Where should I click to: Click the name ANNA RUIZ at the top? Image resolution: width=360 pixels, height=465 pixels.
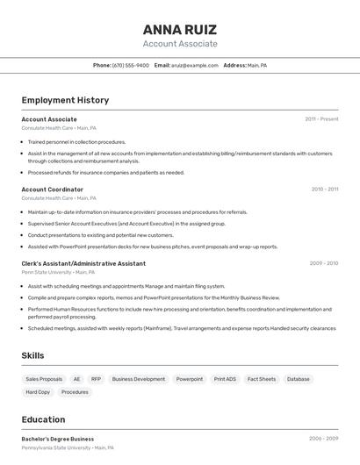180,29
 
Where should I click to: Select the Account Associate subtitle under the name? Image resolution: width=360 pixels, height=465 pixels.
180,44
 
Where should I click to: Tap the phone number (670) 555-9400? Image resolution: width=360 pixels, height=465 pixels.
131,65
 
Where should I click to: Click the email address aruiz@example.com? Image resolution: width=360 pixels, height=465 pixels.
194,65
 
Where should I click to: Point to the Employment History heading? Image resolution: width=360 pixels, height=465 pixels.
65,100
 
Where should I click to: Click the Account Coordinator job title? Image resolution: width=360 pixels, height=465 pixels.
53,190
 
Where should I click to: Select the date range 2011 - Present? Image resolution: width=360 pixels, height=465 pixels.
321,119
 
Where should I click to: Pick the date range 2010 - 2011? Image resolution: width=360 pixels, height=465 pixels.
324,190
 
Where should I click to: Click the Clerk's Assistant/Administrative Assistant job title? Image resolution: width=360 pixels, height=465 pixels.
83,263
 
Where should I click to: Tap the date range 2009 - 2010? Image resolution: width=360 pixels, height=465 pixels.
324,263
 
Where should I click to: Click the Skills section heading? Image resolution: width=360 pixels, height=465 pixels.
33,355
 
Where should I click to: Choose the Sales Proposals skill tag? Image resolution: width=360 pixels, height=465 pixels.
44,379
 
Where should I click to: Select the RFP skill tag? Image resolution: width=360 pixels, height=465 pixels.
96,379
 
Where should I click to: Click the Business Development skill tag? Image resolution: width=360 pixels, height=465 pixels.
139,379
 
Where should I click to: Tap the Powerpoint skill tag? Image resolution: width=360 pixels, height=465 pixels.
190,379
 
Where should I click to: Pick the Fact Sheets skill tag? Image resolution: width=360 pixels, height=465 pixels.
262,379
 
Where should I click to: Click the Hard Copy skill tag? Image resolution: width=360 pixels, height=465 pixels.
38,392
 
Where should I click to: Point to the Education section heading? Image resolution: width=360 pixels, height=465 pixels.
43,419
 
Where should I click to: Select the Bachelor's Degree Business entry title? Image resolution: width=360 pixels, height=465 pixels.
58,439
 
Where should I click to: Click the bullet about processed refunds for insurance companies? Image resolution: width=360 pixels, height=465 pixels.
105,173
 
